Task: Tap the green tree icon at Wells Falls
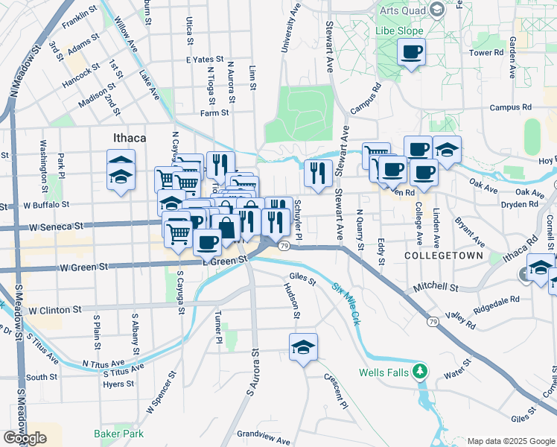click(420, 370)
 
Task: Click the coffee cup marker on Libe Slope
click(411, 53)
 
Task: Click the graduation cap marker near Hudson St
click(303, 348)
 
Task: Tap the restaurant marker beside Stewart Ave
click(318, 174)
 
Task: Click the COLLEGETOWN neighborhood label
click(443, 256)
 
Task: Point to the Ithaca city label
click(129, 138)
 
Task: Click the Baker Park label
click(118, 433)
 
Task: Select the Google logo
click(25, 438)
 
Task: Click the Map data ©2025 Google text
click(511, 441)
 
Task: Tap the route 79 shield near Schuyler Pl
click(284, 245)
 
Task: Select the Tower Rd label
click(486, 54)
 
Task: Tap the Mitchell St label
click(437, 286)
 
